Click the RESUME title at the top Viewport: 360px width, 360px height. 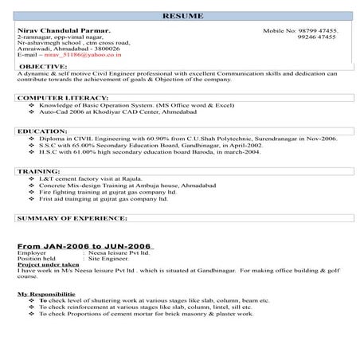(x=181, y=16)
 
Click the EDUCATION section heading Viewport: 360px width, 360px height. (x=40, y=131)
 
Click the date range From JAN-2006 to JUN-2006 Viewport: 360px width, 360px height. (x=85, y=246)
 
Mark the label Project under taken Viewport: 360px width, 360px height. (x=49, y=264)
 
